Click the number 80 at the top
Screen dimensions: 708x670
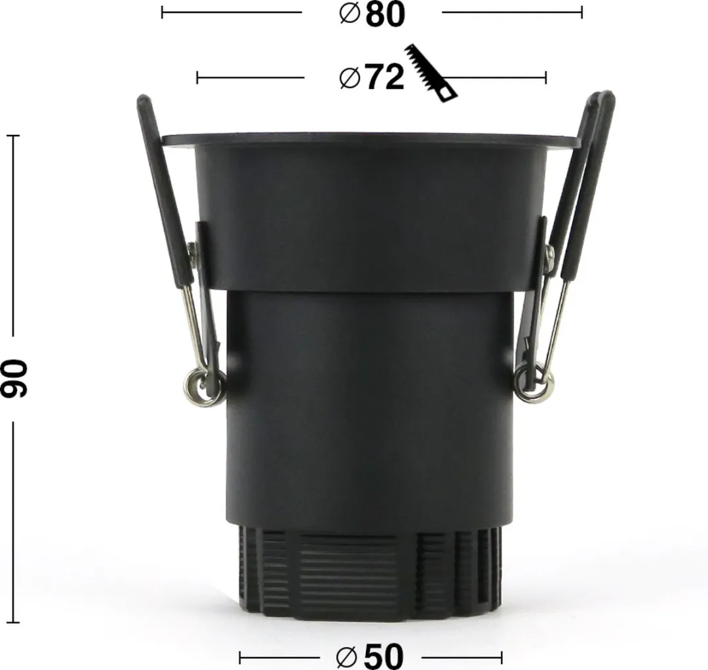click(x=385, y=14)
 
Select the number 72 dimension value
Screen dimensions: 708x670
click(x=384, y=77)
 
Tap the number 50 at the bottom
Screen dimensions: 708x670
click(x=383, y=656)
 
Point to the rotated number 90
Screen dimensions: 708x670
click(x=14, y=379)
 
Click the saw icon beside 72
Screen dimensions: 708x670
click(x=431, y=73)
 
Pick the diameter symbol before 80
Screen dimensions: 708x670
click(x=349, y=14)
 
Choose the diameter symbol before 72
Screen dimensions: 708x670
click(x=349, y=77)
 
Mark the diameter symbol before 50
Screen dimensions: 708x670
click(x=347, y=658)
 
